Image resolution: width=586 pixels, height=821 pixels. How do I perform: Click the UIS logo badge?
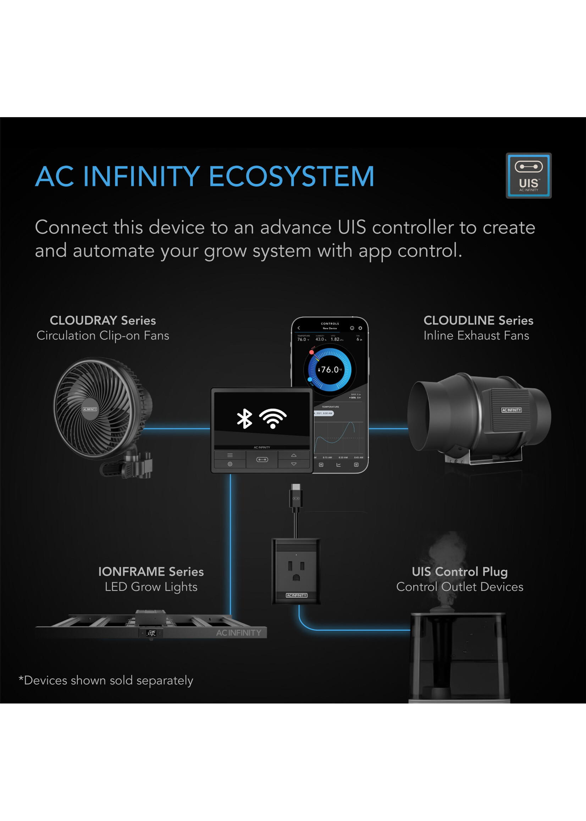click(x=528, y=175)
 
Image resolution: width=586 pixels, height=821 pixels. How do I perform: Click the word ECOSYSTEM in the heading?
click(x=291, y=176)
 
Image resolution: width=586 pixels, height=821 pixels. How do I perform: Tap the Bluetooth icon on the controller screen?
click(x=244, y=418)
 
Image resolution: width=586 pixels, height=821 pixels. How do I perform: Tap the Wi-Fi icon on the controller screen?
click(x=273, y=418)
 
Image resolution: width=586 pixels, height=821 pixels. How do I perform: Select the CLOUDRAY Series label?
click(x=103, y=320)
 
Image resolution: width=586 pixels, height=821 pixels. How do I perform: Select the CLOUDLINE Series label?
click(x=478, y=320)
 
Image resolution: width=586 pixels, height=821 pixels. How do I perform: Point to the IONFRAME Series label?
click(x=151, y=571)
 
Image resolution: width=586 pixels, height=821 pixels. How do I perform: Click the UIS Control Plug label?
click(x=460, y=571)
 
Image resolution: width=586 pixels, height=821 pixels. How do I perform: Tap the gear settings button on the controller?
click(x=230, y=464)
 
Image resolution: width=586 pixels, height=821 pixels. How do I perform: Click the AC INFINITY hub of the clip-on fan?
click(x=90, y=409)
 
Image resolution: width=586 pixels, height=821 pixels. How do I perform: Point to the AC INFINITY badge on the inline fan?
click(x=511, y=410)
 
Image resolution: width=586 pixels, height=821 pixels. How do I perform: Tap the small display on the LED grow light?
click(x=151, y=633)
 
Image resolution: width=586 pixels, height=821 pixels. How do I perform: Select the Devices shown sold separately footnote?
click(x=106, y=680)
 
